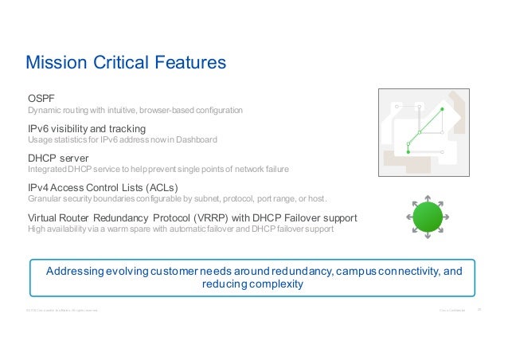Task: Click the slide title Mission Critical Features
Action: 127,62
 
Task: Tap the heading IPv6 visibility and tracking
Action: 87,128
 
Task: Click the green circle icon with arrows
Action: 428,216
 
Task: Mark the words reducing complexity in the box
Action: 253,284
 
